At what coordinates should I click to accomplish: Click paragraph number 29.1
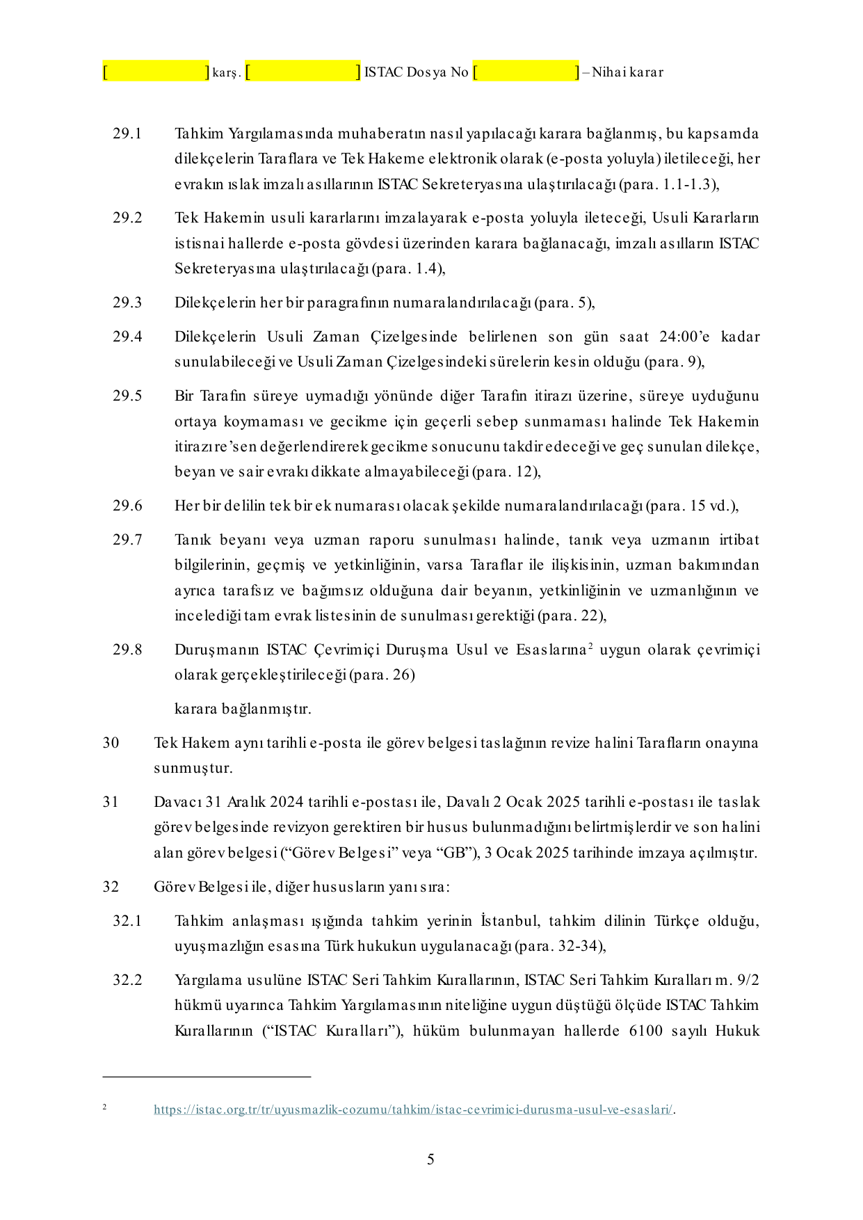(127, 134)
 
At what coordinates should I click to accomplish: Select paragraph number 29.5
(127, 396)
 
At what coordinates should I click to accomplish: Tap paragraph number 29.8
(127, 650)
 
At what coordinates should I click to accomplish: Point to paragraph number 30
(111, 743)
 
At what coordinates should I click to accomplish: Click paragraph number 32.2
(127, 980)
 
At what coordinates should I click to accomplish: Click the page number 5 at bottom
(430, 1159)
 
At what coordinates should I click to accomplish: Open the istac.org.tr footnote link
(413, 1109)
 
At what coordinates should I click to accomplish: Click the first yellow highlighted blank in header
(156, 72)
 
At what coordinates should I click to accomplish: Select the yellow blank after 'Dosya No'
(526, 72)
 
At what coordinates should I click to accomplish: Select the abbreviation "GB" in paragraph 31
(454, 853)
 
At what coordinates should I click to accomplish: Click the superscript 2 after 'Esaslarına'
(590, 646)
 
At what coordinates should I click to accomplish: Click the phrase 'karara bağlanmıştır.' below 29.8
(243, 709)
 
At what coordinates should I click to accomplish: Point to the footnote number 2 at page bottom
(104, 1107)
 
